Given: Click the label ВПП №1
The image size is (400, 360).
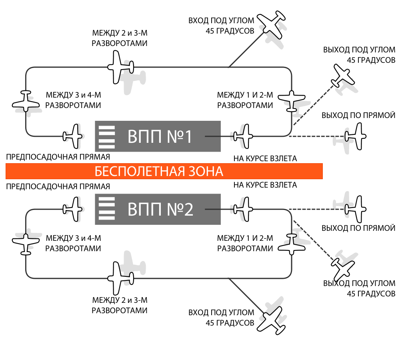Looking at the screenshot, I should pos(160,137).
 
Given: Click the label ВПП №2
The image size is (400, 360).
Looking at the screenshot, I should pos(160,210).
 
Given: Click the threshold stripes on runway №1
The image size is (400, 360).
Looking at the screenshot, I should pos(107,137).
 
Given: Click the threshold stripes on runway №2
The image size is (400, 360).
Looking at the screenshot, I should pos(107,209).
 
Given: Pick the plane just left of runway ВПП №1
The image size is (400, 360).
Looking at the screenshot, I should pos(73,136).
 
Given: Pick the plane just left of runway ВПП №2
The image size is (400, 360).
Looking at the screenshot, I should pos(73,209).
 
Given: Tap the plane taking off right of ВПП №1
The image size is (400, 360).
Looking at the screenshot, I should pos(244,136).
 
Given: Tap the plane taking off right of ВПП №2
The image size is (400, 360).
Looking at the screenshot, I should pos(244,209).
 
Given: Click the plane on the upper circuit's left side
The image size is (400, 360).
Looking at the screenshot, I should pos(26,102).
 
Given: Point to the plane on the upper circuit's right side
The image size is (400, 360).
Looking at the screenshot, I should pos(292,100).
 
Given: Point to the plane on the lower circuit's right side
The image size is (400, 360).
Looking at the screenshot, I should pos(292,244).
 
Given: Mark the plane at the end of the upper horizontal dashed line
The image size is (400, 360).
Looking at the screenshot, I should pos(356,136).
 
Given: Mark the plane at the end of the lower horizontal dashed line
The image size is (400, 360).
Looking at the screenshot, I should pos(356,209).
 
